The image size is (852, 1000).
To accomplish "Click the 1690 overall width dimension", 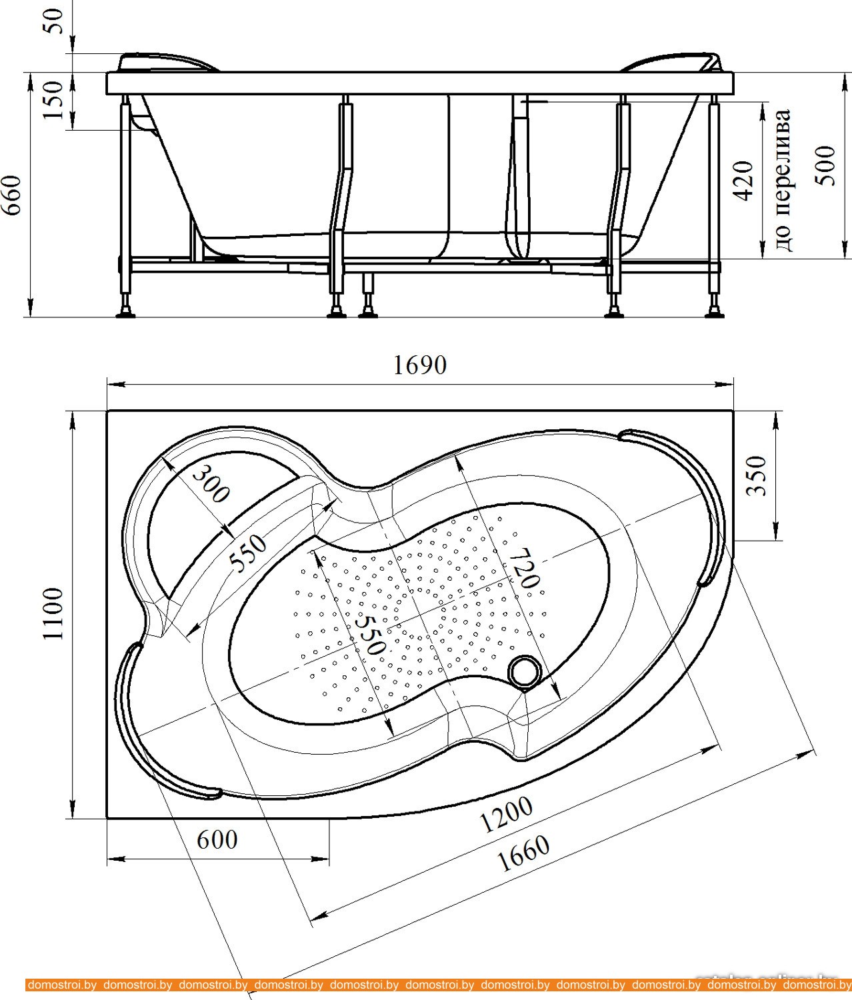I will coord(419,365).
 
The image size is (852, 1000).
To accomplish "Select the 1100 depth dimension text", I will coord(53,613).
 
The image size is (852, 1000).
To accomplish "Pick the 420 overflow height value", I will coord(743,180).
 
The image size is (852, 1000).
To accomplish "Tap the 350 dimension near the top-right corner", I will coord(756,475).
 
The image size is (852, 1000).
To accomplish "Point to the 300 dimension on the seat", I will coord(211,483).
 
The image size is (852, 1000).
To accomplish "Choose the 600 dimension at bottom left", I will coord(217,839).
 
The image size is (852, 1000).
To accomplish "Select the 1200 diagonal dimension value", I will coord(507,815).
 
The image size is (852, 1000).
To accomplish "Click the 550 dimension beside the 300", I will coord(248,553).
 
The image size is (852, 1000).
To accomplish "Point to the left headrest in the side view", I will coord(167,62).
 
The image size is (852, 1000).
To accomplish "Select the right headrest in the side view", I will coord(673,62).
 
